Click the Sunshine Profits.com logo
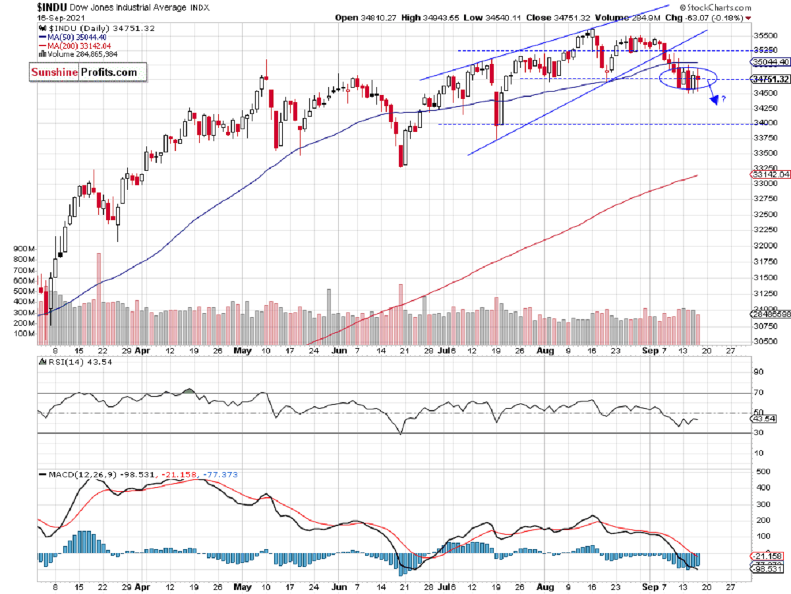(x=84, y=73)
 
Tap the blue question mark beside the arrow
(x=723, y=100)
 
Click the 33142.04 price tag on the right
(x=770, y=175)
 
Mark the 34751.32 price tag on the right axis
(x=770, y=79)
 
